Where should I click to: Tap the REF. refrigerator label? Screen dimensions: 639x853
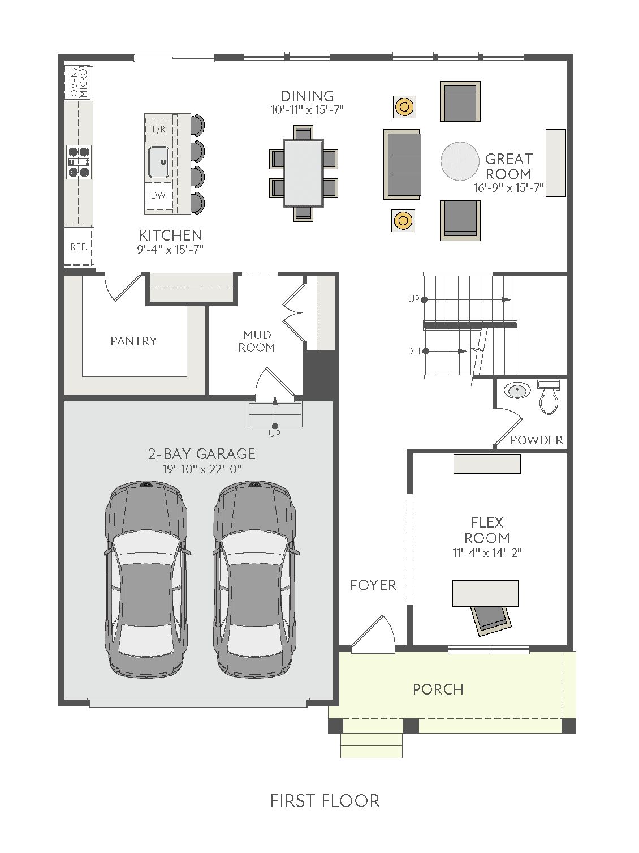pos(79,247)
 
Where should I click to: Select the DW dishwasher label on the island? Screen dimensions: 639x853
pos(158,195)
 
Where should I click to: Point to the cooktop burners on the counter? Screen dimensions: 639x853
pos(79,162)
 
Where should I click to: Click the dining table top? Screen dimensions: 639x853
pos(304,173)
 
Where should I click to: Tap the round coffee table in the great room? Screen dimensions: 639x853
pos(460,161)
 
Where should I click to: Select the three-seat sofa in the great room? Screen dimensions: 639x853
pos(402,164)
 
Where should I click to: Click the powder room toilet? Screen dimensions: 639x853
pos(549,397)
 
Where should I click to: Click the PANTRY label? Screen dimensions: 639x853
pos(133,341)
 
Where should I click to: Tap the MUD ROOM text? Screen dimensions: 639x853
pos(257,341)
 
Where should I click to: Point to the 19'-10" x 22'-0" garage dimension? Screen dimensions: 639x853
pos(202,469)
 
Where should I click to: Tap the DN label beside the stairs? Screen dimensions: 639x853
pos(413,352)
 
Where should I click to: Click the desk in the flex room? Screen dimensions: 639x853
pos(485,593)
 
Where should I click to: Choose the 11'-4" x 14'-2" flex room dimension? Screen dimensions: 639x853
pos(487,552)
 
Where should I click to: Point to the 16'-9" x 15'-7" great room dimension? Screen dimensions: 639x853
pos(508,188)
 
